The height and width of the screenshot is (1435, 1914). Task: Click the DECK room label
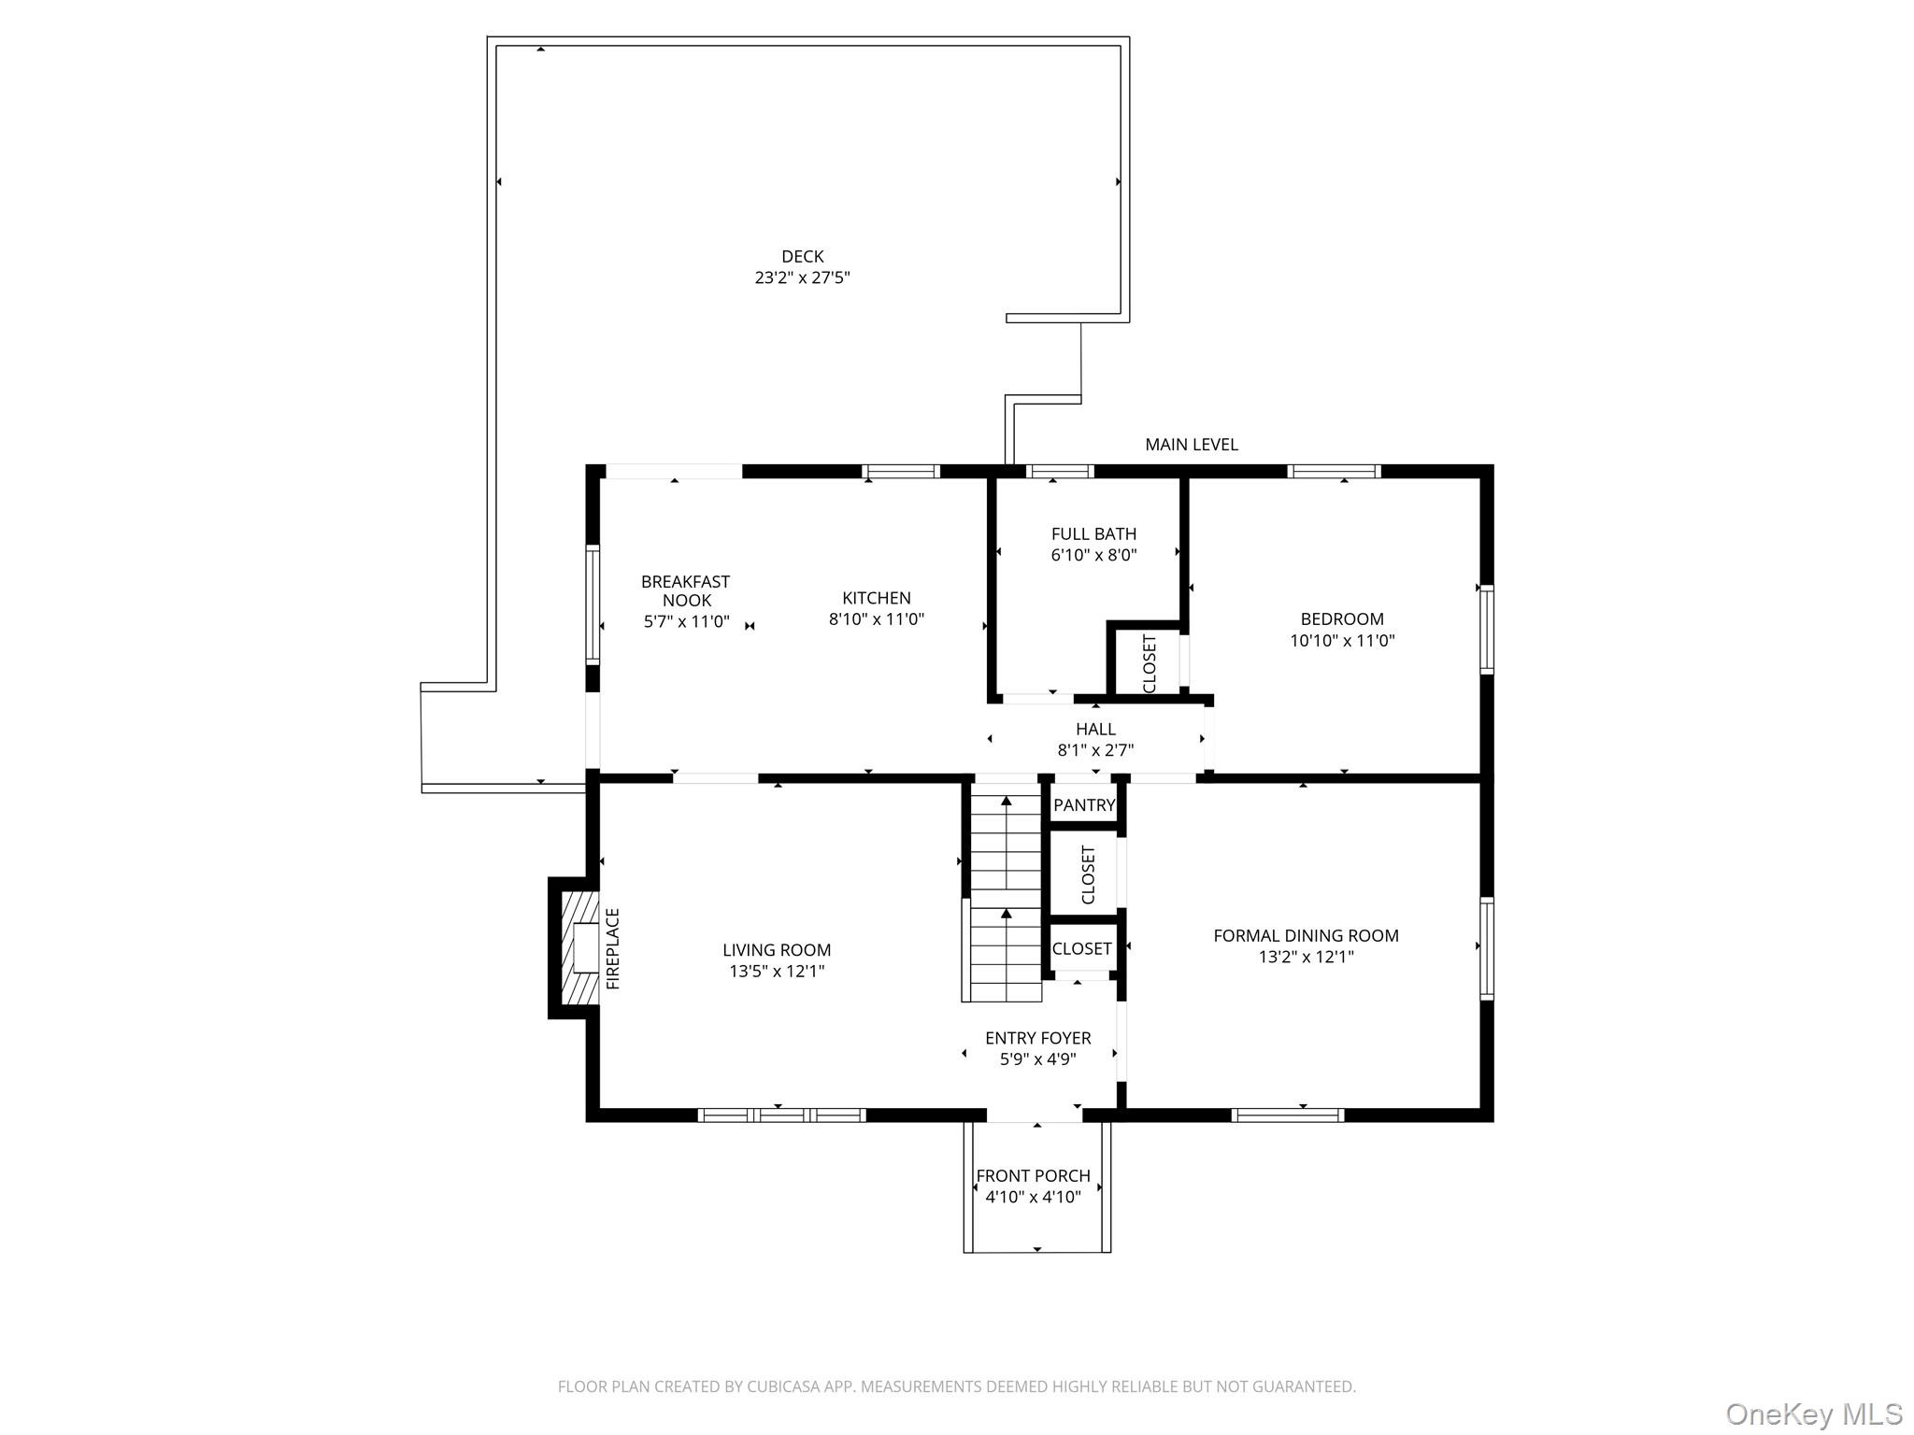802,256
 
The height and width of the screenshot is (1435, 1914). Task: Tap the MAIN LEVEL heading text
1191,445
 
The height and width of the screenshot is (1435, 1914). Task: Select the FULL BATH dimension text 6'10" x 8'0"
1093,555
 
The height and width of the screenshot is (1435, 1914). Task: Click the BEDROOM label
1341,618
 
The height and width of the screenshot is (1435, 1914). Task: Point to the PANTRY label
1084,805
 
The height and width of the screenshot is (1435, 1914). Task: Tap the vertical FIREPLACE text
613,948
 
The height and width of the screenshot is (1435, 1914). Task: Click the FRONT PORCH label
1033,1176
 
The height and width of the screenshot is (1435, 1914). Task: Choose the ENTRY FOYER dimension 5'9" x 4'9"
1037,1059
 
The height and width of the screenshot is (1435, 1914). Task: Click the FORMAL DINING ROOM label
1305,935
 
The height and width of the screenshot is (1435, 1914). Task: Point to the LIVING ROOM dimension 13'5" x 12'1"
776,972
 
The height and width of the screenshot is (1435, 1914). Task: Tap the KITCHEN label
876,598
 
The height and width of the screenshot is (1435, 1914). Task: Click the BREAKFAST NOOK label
686,590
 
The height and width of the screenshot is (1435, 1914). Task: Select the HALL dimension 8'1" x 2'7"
1095,750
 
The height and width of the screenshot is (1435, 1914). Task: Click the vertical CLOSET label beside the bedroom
1150,663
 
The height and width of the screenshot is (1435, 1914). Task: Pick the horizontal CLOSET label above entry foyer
1081,948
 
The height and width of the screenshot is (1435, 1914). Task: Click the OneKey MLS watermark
1813,1414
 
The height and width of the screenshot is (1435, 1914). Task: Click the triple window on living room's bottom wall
781,1115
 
